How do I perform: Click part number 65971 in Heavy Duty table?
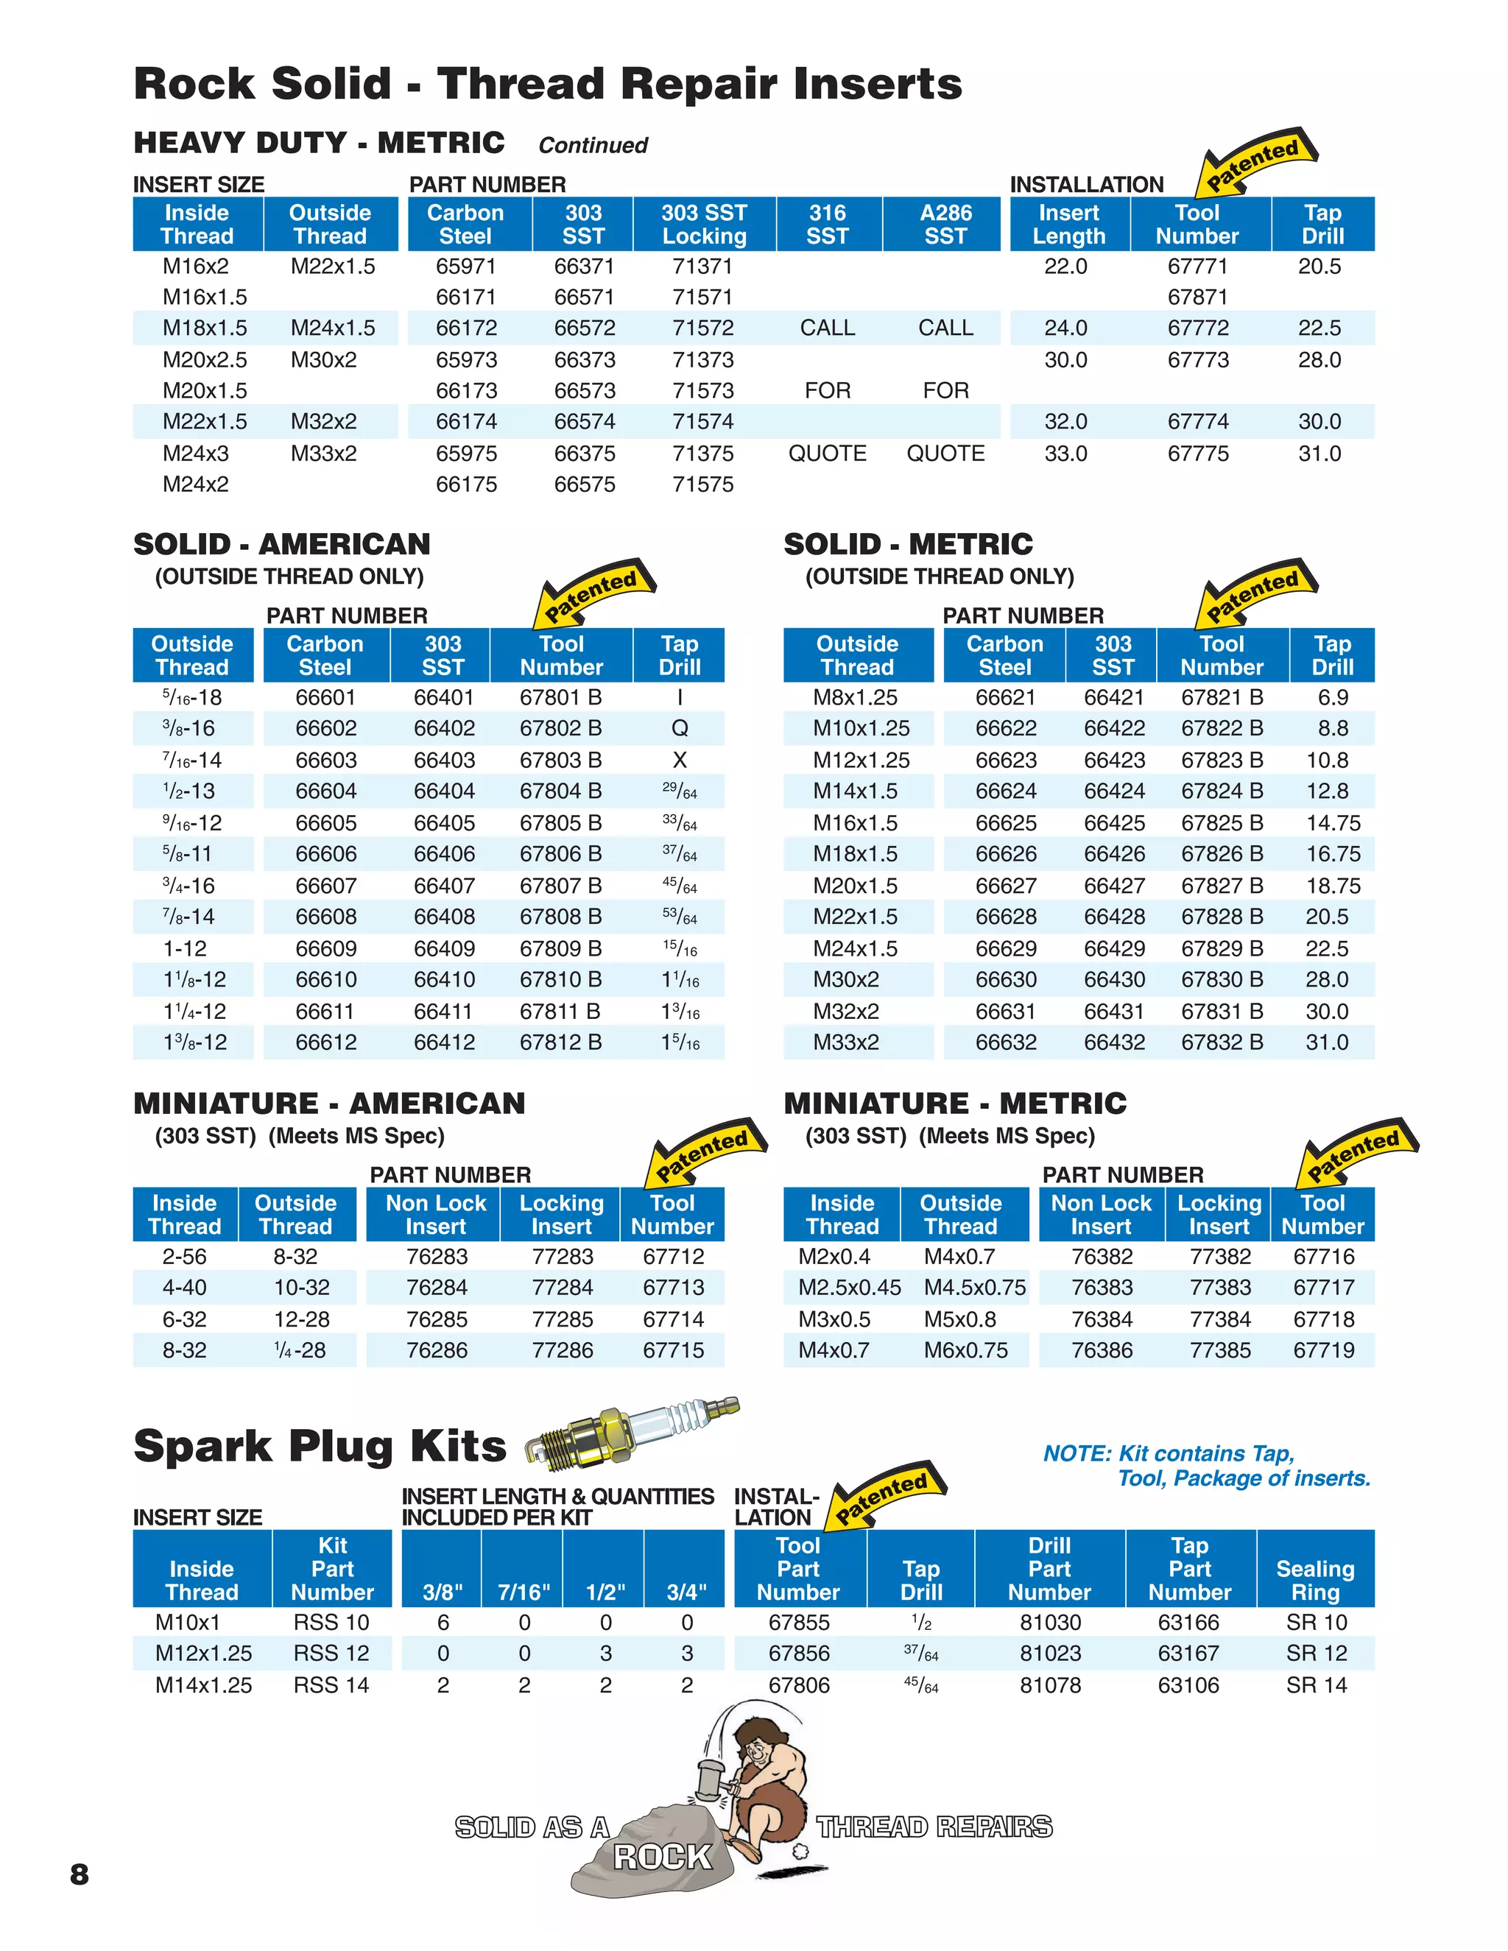tap(465, 267)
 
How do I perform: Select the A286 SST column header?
tap(945, 225)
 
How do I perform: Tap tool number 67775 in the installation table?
tap(1198, 454)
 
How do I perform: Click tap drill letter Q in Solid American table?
tap(679, 729)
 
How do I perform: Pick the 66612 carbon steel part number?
tap(325, 1042)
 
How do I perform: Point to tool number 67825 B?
tap(1222, 823)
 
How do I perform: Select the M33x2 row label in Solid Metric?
tap(845, 1042)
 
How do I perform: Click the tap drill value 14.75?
tap(1332, 823)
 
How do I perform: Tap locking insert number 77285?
tap(562, 1319)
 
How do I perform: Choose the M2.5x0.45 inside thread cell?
tap(849, 1287)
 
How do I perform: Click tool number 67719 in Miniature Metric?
tap(1323, 1351)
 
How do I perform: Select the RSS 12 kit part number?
tap(331, 1654)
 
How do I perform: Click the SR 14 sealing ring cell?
tap(1316, 1686)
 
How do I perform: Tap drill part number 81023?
tap(1050, 1654)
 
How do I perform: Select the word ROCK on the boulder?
tap(662, 1857)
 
